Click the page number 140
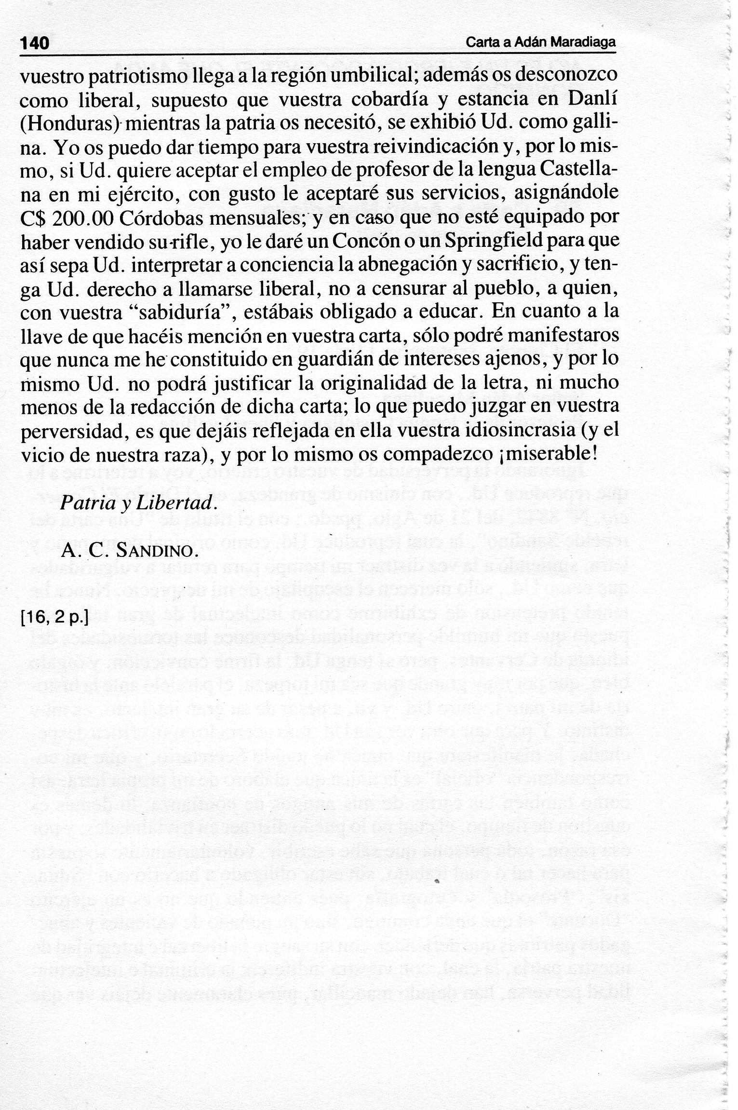coord(35,43)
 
